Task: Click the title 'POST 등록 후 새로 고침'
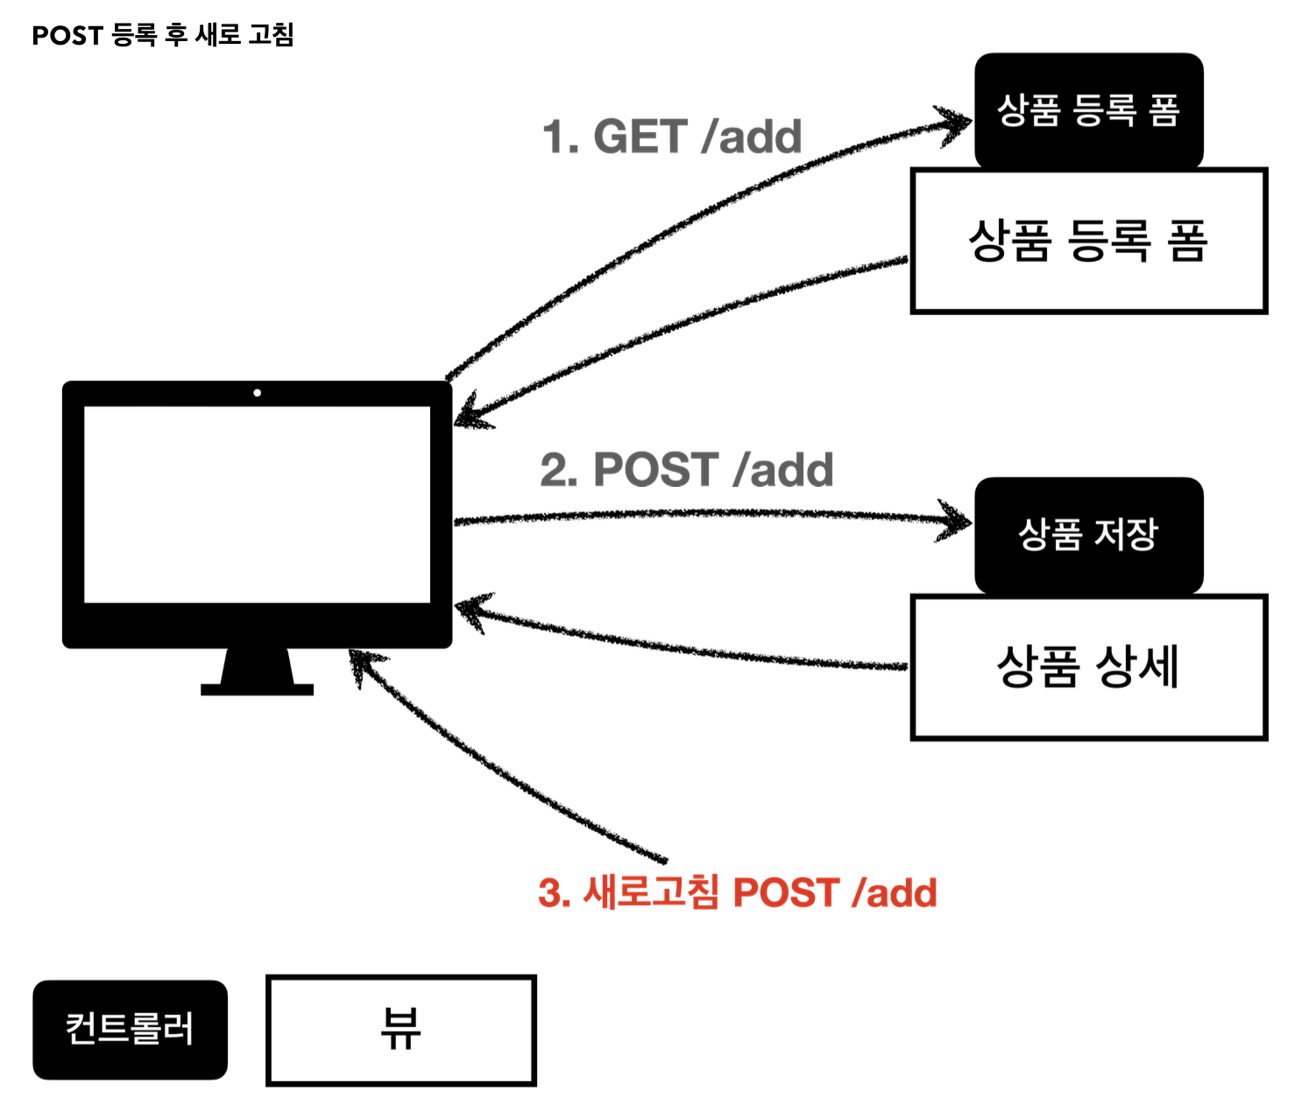click(163, 35)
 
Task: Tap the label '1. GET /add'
click(672, 137)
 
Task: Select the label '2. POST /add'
click(686, 470)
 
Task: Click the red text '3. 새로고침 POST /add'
click(737, 893)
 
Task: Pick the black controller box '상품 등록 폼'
click(1088, 110)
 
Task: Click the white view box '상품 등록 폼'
click(1088, 241)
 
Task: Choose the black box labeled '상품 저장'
click(1088, 534)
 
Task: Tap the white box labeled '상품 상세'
click(1088, 667)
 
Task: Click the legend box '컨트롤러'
click(130, 1029)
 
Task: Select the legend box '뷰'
click(400, 1030)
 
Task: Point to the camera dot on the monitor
click(257, 393)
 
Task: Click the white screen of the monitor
click(257, 503)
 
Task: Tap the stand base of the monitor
click(257, 689)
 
